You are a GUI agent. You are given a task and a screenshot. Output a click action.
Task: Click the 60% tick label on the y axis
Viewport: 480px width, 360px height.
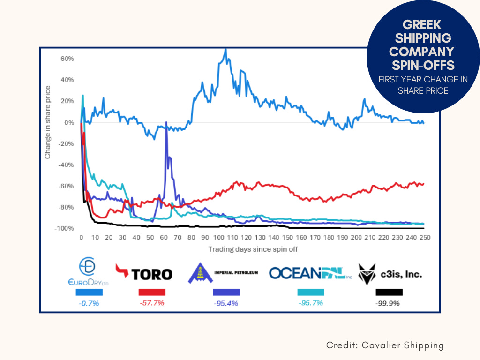click(x=67, y=59)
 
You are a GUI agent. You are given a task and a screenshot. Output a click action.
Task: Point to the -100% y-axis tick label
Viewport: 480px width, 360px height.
click(x=65, y=228)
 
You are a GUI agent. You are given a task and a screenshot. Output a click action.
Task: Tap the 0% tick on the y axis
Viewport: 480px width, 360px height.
click(x=69, y=122)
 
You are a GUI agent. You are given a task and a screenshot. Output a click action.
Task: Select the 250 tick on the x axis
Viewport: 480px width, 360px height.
click(x=425, y=238)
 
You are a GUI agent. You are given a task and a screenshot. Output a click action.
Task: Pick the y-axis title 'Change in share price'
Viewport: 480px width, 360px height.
click(x=48, y=122)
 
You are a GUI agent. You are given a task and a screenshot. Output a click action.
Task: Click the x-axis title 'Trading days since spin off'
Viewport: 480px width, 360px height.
click(x=253, y=249)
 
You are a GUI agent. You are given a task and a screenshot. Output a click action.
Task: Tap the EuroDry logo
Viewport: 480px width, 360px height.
click(x=89, y=271)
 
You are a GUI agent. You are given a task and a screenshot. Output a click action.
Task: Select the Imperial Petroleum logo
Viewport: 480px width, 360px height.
click(x=223, y=272)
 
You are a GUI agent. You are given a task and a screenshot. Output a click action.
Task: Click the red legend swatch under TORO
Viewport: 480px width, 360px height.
click(x=152, y=292)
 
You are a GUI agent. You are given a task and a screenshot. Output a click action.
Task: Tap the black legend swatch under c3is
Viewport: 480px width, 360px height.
click(x=389, y=292)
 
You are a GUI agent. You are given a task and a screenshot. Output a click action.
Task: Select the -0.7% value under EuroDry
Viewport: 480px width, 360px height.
click(x=88, y=303)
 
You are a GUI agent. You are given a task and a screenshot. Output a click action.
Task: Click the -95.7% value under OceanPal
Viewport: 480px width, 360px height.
click(x=310, y=303)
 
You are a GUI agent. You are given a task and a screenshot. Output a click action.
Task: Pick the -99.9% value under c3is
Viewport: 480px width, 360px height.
click(x=388, y=303)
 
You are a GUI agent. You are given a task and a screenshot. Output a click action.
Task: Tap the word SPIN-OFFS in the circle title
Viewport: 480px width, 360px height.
click(x=421, y=64)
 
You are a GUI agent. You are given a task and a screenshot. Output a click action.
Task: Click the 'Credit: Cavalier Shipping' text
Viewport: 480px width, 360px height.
click(x=385, y=345)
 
